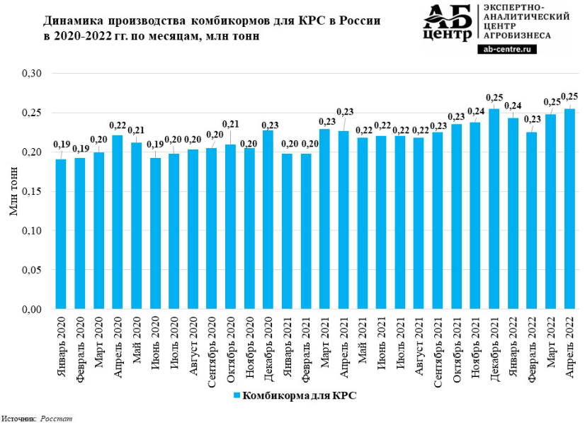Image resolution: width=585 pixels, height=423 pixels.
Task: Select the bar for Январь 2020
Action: (61, 234)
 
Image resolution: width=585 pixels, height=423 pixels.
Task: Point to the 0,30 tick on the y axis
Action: (34, 74)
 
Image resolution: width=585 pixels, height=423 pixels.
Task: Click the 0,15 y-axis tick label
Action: (34, 192)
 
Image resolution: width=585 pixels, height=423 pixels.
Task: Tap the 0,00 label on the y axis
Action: (34, 310)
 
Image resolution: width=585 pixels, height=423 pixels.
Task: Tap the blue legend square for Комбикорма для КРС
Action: (237, 395)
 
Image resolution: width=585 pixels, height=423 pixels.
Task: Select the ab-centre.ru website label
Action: (508, 49)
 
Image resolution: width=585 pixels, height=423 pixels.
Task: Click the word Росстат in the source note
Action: (56, 419)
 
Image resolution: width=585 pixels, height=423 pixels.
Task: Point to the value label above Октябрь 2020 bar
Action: (231, 125)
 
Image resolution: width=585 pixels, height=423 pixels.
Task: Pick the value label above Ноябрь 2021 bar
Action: (476, 111)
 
